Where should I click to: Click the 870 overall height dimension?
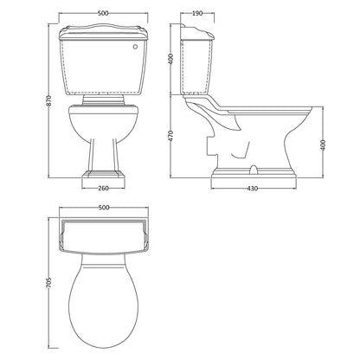click(x=49, y=100)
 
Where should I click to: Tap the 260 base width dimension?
click(x=104, y=189)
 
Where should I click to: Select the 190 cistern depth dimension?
click(x=197, y=13)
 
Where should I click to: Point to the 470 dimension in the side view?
click(x=170, y=136)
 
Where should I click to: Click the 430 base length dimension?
click(x=253, y=189)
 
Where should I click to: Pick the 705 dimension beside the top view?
click(x=49, y=283)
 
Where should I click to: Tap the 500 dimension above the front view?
click(x=103, y=13)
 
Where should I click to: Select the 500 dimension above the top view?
click(x=104, y=208)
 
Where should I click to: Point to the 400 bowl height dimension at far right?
click(x=323, y=145)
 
